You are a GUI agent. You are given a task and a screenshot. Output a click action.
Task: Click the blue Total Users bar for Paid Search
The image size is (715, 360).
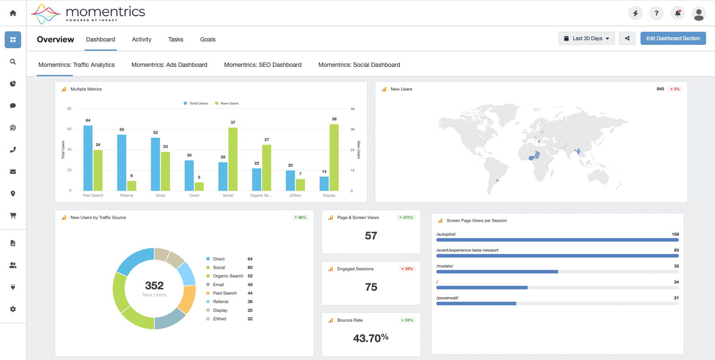tap(88, 158)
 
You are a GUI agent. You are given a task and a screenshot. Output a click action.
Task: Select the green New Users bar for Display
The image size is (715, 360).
tap(334, 158)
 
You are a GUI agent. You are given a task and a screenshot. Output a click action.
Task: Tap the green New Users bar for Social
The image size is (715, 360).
tap(233, 159)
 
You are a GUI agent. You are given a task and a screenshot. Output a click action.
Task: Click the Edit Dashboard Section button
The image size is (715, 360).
tap(673, 38)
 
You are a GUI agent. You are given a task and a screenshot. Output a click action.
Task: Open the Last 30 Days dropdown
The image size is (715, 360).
tap(586, 38)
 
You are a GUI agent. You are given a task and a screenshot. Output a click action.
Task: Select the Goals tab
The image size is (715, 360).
tap(207, 39)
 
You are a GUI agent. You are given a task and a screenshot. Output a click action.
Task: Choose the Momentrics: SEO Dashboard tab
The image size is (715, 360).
tap(263, 65)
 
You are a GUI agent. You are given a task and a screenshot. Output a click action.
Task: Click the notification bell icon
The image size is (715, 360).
tap(678, 13)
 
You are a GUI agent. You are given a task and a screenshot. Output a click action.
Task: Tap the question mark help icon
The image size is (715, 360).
tap(656, 13)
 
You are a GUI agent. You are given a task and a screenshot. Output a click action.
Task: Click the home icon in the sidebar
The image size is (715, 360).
tap(13, 13)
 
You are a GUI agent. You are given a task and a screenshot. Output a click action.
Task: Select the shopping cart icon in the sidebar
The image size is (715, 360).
tap(13, 216)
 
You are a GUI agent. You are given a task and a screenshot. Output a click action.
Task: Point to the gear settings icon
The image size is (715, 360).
tap(13, 309)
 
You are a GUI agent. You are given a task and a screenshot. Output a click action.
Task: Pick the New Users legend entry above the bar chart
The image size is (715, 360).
tap(227, 103)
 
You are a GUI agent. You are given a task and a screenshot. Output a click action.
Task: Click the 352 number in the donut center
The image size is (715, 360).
tap(154, 285)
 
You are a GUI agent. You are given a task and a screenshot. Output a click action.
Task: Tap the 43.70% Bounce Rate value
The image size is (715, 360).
tap(371, 338)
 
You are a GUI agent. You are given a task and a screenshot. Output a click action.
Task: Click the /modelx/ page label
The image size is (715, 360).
tap(445, 266)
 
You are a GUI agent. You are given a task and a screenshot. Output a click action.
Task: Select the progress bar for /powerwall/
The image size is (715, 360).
tap(557, 303)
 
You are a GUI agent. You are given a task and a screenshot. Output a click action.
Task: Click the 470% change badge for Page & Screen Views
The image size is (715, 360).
tap(406, 217)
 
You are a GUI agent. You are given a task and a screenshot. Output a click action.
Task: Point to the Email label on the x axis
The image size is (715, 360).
tap(160, 195)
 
